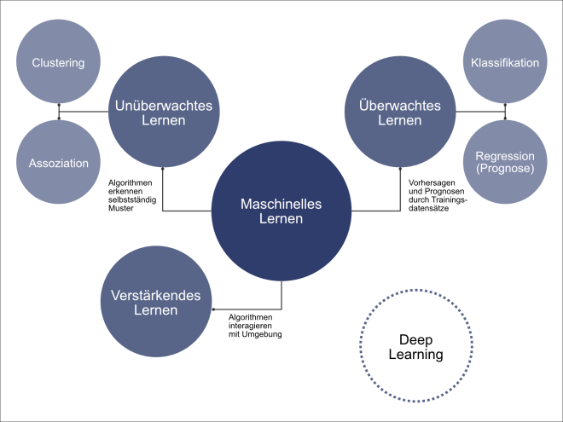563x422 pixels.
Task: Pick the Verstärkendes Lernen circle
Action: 155,303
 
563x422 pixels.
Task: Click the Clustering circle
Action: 57,62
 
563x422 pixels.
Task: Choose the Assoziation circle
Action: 59,163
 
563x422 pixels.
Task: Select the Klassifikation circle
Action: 505,62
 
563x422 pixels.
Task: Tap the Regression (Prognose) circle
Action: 505,163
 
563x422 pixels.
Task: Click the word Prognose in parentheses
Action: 505,170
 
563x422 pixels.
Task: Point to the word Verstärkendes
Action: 155,295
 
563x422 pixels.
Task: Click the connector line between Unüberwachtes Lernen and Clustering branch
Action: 85,113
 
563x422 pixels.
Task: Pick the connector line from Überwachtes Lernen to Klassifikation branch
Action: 480,113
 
